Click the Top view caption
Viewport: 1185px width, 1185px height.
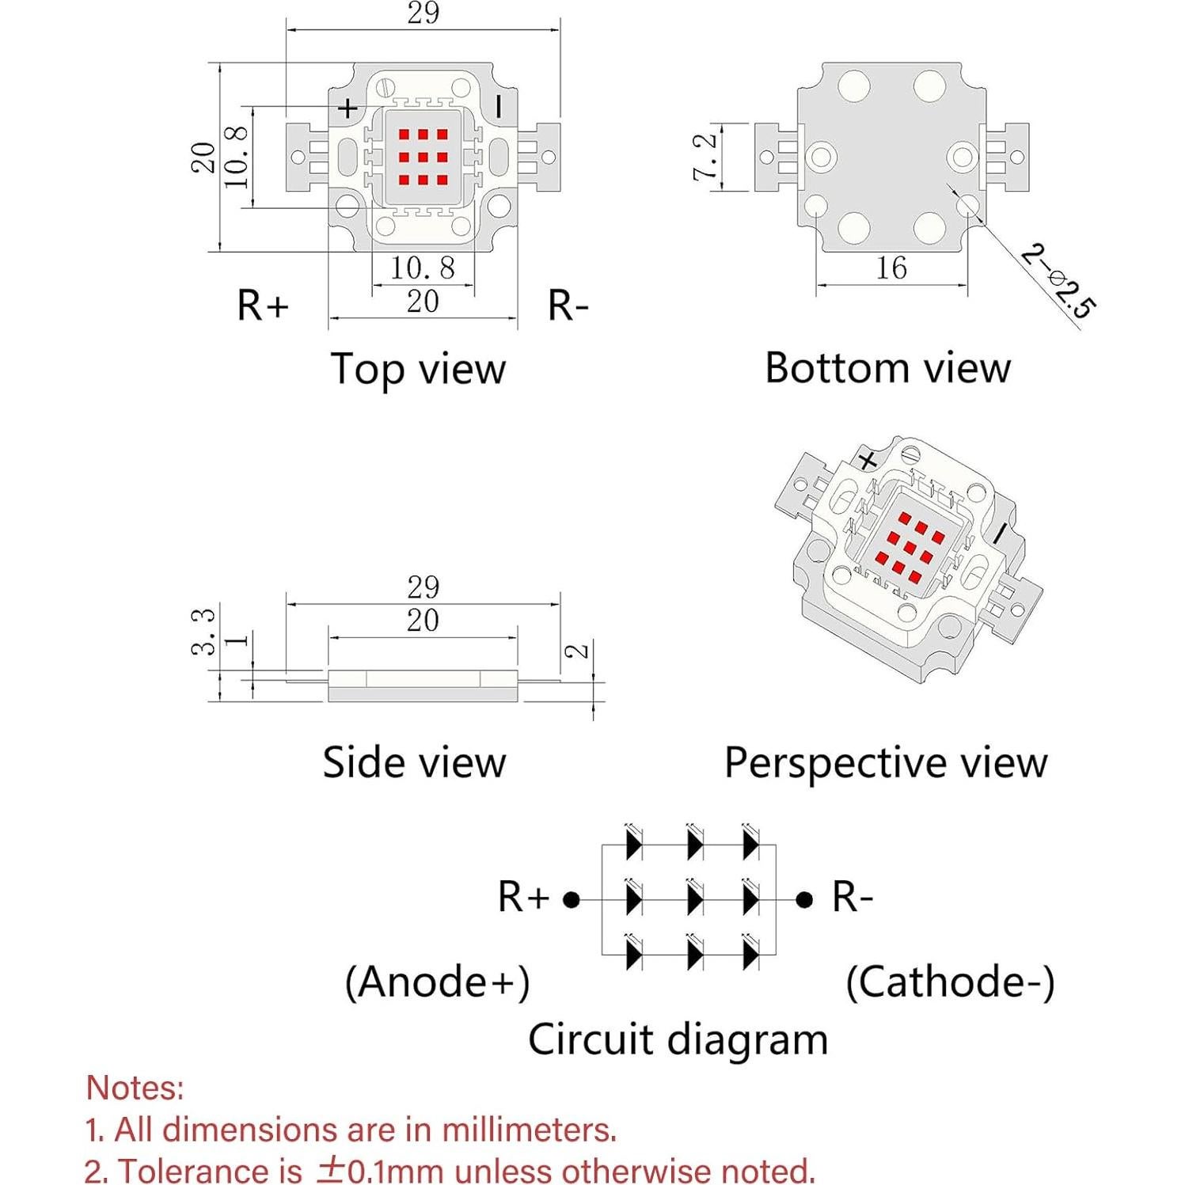(x=417, y=370)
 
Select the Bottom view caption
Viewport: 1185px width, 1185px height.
(x=887, y=368)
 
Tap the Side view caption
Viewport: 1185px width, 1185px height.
(x=413, y=762)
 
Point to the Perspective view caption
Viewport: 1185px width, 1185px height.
(x=886, y=763)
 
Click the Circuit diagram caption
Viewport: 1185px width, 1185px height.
(x=678, y=1039)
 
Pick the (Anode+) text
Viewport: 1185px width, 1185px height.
(x=437, y=982)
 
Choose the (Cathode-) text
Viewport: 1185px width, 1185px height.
(x=950, y=982)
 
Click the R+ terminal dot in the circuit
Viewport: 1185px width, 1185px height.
(x=572, y=899)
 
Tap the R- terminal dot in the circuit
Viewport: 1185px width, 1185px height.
(x=804, y=899)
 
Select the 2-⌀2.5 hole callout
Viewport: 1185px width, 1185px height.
(x=1058, y=282)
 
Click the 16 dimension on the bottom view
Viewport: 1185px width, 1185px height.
(x=891, y=268)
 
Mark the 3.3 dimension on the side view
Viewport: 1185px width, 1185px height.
(x=203, y=631)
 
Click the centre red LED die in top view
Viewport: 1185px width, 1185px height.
(x=423, y=157)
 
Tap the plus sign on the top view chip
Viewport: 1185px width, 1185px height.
(x=348, y=108)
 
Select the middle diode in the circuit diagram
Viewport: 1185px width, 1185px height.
(x=693, y=899)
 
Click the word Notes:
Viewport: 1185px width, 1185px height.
(x=135, y=1088)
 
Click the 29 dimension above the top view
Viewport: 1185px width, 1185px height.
(x=423, y=13)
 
